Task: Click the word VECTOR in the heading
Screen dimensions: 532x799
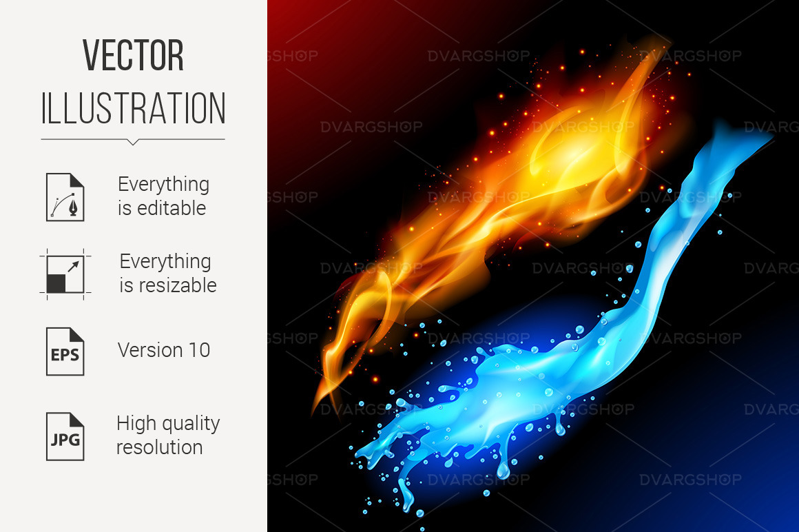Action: [x=133, y=56]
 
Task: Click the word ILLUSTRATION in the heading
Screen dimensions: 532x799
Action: [x=133, y=108]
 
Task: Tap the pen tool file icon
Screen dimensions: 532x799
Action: [x=65, y=197]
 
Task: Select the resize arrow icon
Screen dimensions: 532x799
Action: [x=65, y=274]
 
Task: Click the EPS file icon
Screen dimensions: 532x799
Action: [x=65, y=351]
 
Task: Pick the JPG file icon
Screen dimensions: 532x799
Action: [x=65, y=436]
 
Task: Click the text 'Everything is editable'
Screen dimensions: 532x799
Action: [x=163, y=196]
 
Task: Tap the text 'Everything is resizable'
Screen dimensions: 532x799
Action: [x=167, y=274]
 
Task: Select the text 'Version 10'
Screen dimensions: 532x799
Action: [x=163, y=350]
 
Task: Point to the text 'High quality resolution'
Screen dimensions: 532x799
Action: [x=167, y=436]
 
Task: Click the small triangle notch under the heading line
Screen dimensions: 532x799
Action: [x=133, y=143]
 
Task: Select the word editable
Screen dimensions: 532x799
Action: [x=171, y=208]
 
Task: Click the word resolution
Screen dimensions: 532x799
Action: [x=159, y=447]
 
